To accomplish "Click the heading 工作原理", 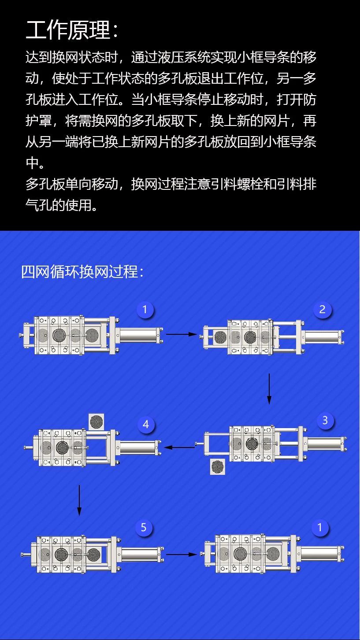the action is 68,30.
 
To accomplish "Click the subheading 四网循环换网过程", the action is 80,271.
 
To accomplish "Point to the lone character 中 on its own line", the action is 32,163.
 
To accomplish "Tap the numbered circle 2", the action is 322,309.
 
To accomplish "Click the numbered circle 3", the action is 325,420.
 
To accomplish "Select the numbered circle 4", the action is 146,425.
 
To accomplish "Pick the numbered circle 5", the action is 144,527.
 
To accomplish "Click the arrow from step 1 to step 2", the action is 182,334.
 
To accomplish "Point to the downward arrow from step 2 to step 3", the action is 269,389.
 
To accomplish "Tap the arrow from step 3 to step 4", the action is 179,447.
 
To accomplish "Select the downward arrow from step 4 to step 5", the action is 79,500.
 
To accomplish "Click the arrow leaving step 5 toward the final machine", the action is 182,555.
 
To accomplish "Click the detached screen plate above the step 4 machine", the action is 96,422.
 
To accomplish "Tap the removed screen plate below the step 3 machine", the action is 217,467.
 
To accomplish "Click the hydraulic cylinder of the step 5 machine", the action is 141,555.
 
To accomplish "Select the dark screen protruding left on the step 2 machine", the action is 220,337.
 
